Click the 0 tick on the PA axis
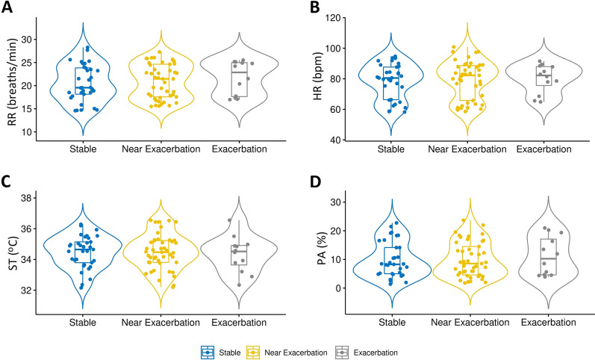point(339,288)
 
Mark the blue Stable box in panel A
point(84,81)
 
